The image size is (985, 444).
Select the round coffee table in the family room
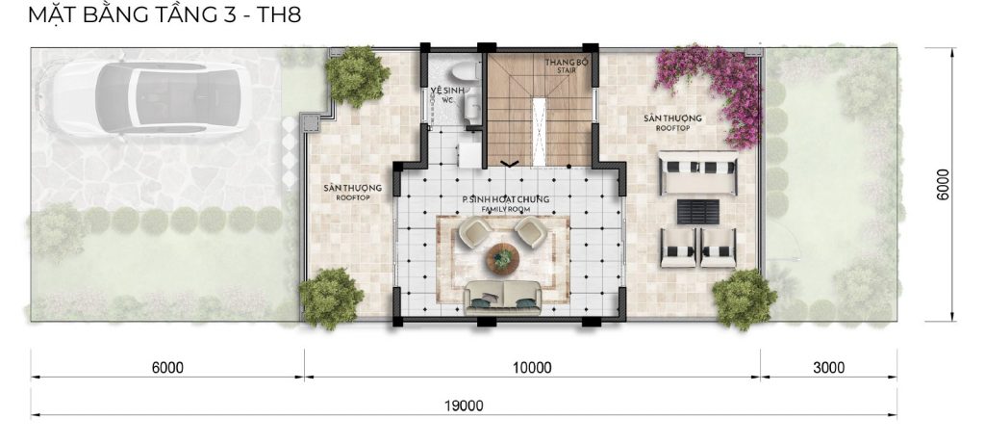[502, 258]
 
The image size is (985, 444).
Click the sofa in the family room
[502, 297]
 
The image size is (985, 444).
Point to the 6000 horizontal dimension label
[167, 367]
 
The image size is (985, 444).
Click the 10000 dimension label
[531, 367]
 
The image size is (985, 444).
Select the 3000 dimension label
[828, 367]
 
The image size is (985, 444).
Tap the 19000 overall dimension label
[465, 405]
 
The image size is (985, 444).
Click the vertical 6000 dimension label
[943, 184]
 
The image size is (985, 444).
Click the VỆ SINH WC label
[446, 94]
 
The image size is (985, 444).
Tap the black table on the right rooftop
[698, 212]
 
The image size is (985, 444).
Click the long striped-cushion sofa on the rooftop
[698, 173]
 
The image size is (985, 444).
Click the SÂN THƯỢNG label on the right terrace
[672, 122]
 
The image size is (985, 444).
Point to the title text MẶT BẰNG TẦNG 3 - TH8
[164, 13]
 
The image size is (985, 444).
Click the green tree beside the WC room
[357, 76]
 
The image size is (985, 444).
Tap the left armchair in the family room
[473, 232]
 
